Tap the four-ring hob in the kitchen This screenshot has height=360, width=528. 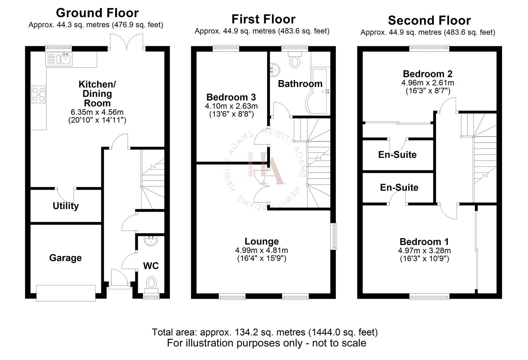(38, 94)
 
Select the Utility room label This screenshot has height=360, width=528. (66, 206)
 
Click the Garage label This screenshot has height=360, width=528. (65, 258)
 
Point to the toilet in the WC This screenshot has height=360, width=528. (151, 283)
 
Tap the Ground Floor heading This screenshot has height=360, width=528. (97, 13)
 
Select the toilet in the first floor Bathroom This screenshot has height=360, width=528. (295, 61)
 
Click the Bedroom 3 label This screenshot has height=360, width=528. (231, 97)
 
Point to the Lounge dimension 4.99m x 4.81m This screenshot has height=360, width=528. (261, 250)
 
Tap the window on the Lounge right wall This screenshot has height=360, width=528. (334, 236)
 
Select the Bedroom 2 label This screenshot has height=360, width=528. (428, 74)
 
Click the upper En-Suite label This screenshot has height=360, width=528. (397, 155)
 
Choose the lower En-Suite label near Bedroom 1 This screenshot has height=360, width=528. (399, 187)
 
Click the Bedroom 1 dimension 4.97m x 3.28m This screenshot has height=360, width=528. (424, 251)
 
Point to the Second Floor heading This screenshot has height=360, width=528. (429, 21)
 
